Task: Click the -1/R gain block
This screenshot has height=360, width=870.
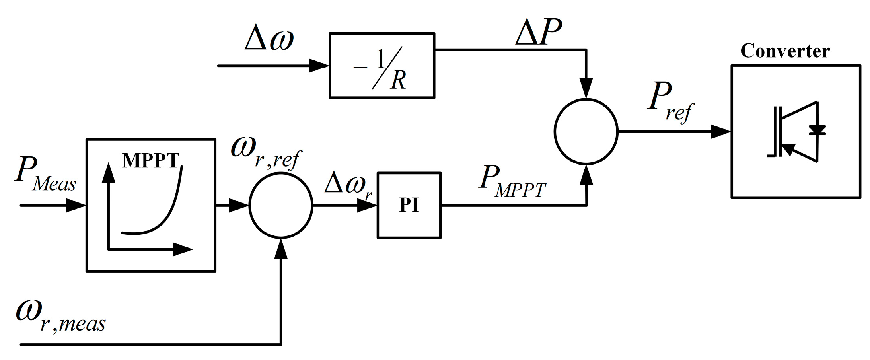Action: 381,66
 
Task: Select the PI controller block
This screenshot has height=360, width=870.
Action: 409,205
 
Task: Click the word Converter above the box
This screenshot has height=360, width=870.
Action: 785,51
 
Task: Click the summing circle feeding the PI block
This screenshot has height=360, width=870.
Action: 281,206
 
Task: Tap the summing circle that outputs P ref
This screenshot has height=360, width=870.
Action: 586,131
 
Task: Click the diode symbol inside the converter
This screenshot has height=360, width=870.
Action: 817,130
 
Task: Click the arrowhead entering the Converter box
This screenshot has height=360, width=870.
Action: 720,131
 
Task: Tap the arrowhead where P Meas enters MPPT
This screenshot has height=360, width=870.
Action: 76,206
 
